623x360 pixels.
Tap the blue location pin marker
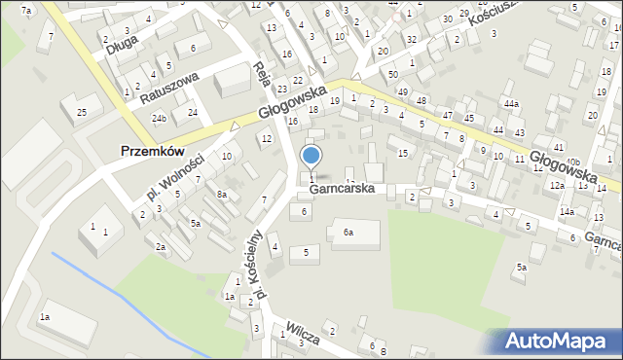tap(311, 156)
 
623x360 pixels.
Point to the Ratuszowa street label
tap(169, 88)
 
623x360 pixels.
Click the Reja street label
tap(261, 75)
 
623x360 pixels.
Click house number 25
tap(83, 113)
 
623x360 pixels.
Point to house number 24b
tap(159, 119)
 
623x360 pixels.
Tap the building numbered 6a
tap(348, 233)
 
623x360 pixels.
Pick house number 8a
tap(222, 195)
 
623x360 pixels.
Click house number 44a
tap(510, 103)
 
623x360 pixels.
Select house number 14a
tap(567, 211)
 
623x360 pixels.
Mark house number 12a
tap(556, 185)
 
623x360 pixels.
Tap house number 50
tap(392, 74)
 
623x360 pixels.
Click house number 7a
tap(26, 11)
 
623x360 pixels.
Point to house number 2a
tap(161, 246)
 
